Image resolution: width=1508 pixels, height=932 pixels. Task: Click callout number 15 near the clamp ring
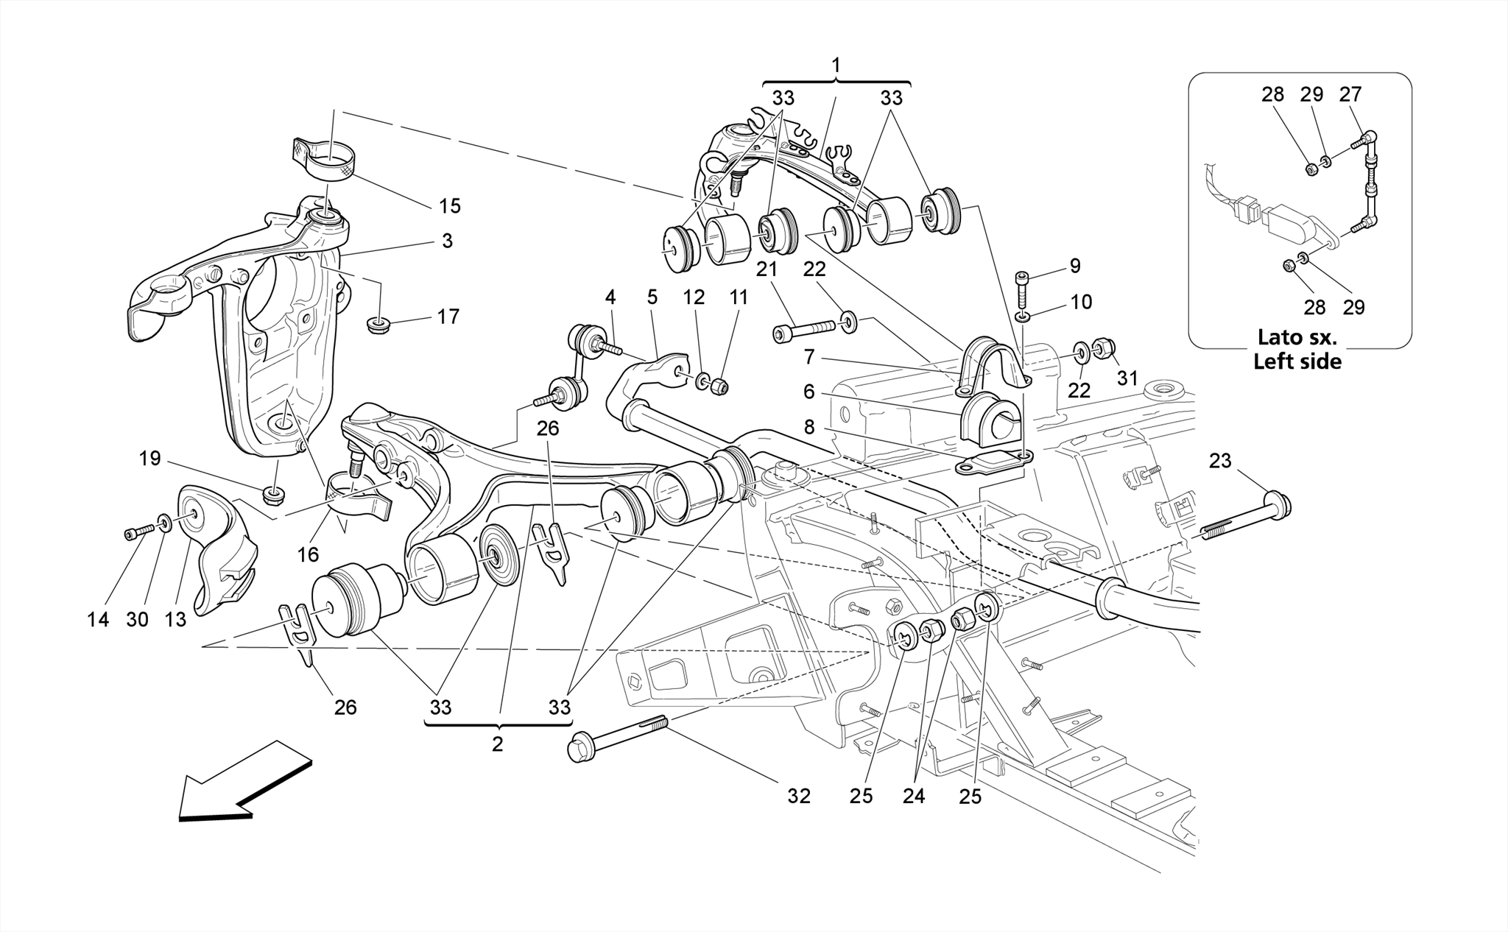click(449, 206)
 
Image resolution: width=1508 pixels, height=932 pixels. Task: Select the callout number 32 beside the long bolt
click(798, 796)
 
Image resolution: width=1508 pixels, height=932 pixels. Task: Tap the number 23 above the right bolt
click(1219, 462)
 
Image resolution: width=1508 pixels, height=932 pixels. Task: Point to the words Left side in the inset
click(1297, 361)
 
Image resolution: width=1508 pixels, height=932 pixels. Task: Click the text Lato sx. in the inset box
click(1297, 338)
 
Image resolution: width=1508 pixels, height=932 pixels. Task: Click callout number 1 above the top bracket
click(836, 66)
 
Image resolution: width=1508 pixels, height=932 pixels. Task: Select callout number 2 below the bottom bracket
click(498, 744)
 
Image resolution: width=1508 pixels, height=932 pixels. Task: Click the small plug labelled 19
click(275, 494)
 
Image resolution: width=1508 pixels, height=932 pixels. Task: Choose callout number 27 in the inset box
click(1350, 94)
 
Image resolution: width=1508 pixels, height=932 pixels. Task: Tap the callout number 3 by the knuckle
click(448, 241)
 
